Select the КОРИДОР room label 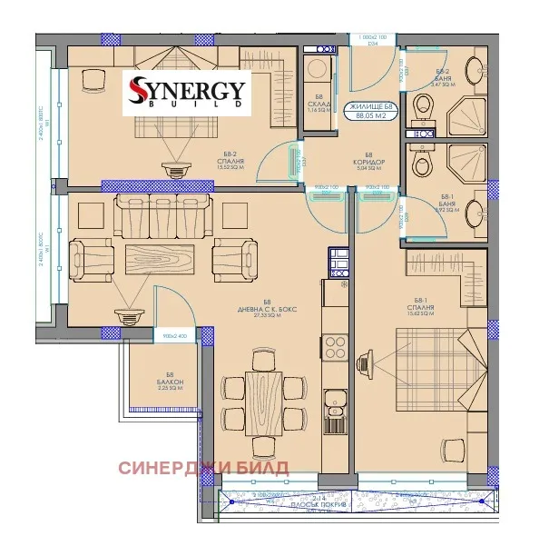pos(369,161)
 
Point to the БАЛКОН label pos(170,382)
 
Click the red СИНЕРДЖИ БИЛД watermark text pos(203,468)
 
